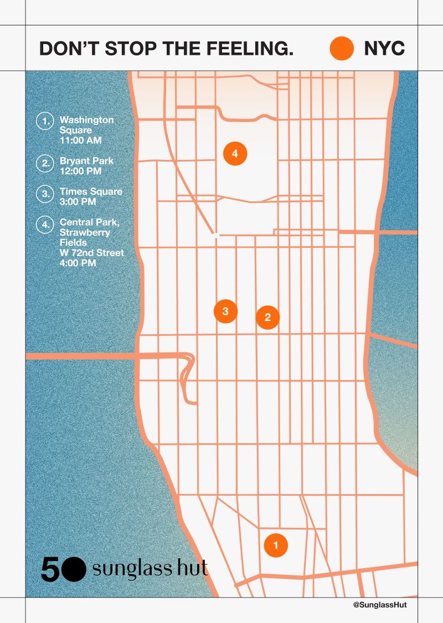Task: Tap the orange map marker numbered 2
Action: [268, 318]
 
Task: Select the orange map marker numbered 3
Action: [225, 311]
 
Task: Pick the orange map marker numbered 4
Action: [235, 153]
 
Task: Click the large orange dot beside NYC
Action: [342, 48]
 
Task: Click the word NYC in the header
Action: [384, 49]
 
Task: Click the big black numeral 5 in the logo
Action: [49, 569]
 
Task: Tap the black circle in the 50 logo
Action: [74, 569]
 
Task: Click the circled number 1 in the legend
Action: [44, 121]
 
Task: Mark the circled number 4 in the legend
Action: [44, 225]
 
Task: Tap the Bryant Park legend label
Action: [86, 161]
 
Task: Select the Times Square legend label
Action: [91, 191]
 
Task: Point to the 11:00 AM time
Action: [81, 141]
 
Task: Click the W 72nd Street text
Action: [92, 253]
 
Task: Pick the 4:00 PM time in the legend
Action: [78, 263]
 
